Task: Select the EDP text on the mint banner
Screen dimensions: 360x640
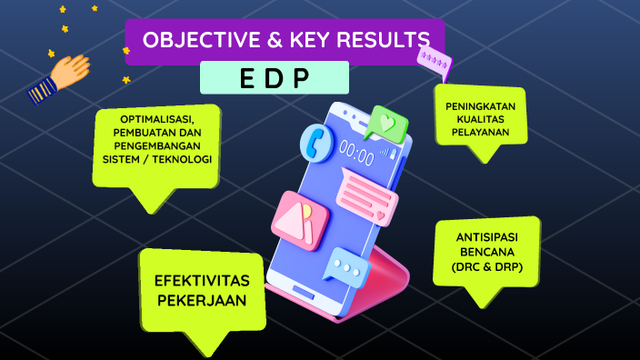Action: click(x=274, y=78)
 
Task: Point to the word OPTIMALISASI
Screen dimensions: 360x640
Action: click(x=156, y=121)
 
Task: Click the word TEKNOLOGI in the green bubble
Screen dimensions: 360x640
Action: click(x=183, y=159)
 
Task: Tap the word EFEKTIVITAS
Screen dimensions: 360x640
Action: click(x=202, y=280)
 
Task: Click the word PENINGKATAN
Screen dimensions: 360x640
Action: click(x=480, y=106)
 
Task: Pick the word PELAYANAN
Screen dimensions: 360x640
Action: click(x=480, y=132)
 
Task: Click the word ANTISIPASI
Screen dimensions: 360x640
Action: click(x=487, y=237)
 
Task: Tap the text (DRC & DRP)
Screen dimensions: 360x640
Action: click(x=487, y=266)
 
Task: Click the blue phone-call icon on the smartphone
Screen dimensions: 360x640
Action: click(x=318, y=142)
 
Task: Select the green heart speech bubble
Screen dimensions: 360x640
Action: click(x=386, y=122)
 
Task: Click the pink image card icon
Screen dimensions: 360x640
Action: click(x=300, y=218)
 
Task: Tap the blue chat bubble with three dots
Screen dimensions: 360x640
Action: click(x=346, y=267)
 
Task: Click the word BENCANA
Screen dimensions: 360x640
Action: click(x=487, y=252)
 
